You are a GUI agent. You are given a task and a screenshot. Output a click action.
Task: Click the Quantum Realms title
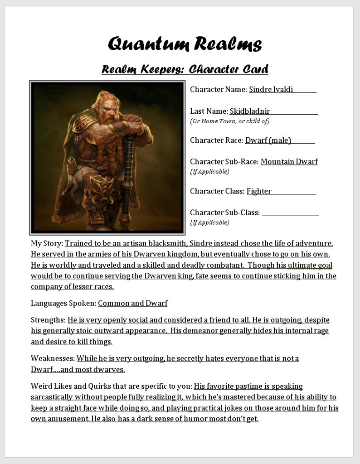185,44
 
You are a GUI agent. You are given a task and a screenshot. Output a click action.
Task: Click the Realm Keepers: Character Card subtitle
185,69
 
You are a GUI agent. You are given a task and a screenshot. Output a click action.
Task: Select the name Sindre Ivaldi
271,89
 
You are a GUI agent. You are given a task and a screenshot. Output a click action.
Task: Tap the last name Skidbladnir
250,111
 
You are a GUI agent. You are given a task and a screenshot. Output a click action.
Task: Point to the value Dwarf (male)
268,140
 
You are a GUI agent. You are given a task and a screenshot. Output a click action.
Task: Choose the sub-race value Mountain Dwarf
289,161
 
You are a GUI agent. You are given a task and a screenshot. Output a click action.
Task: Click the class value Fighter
259,191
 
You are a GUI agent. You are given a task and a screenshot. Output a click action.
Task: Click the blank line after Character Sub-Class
290,213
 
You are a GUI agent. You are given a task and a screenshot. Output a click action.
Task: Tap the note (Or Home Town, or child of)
230,121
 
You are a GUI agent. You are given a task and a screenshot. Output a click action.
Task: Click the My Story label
47,243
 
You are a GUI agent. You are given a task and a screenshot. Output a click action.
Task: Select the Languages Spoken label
63,303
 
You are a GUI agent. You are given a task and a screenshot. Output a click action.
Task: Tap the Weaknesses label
53,358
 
